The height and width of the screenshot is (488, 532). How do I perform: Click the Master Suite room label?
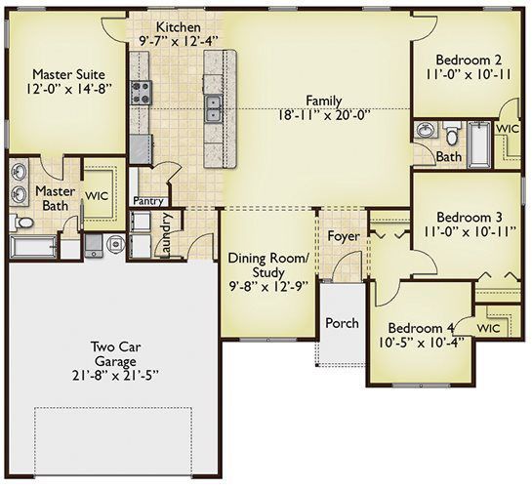tap(69, 74)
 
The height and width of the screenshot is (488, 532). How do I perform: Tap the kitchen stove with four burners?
tap(141, 93)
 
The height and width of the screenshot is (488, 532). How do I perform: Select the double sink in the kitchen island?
tap(213, 108)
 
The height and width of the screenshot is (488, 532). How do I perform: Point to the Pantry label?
tap(148, 201)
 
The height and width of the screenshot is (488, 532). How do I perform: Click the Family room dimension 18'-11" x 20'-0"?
tap(323, 115)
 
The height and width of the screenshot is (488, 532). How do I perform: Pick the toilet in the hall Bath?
tap(452, 133)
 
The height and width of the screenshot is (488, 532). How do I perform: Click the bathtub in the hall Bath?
tap(479, 144)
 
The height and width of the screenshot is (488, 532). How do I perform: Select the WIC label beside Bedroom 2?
tap(508, 129)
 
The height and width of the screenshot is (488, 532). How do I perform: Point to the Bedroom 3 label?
tap(470, 217)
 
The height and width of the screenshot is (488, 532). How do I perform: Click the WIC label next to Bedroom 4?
tap(488, 328)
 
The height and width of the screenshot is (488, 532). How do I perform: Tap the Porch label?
tap(342, 323)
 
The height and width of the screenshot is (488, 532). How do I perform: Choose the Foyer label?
tap(344, 236)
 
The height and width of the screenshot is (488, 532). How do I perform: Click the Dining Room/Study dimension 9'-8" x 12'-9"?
tap(268, 287)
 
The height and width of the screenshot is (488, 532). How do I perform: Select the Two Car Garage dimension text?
tap(116, 376)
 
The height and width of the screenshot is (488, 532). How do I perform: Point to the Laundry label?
tap(167, 234)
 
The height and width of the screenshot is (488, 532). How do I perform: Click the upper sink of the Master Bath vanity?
tap(19, 171)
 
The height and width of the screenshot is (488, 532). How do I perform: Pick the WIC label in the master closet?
tap(97, 196)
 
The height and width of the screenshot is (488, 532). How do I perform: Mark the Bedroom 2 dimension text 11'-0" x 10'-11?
tap(469, 74)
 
